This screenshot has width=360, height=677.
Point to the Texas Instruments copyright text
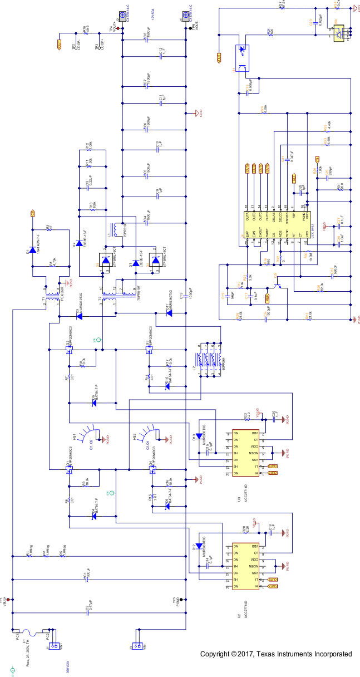(x=276, y=654)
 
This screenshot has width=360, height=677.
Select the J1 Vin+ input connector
(x=55, y=646)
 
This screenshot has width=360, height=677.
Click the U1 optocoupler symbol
(x=243, y=58)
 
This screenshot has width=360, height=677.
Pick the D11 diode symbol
(x=169, y=313)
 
